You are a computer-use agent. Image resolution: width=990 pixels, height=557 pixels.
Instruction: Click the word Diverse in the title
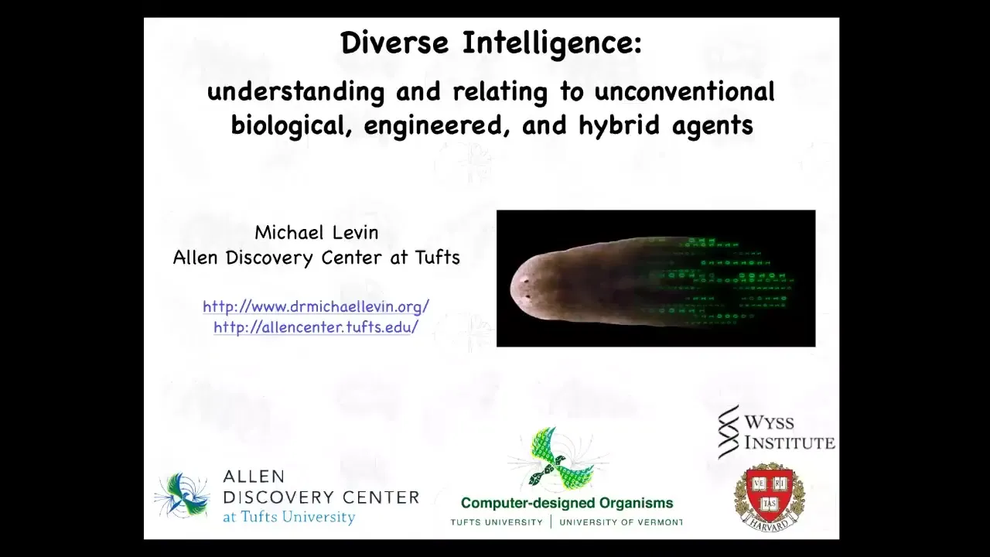pos(394,43)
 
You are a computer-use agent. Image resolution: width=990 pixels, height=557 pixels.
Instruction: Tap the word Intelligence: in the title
pos(552,44)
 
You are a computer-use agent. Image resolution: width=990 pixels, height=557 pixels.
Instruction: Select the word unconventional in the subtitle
pos(684,91)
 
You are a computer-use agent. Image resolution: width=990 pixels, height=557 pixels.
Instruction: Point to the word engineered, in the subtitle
pos(434,125)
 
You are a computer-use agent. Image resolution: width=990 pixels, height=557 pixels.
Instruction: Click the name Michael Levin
pos(316,233)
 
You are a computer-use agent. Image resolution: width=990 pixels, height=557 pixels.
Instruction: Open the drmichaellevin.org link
pos(316,306)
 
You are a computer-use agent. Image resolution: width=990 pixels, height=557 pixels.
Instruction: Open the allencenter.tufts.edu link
pos(316,327)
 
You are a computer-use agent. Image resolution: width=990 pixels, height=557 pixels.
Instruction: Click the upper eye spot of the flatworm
pos(525,280)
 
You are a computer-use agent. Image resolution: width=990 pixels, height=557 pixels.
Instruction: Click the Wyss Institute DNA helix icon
pos(729,432)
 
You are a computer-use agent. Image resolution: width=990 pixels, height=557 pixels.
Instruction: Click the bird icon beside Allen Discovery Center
pos(182,495)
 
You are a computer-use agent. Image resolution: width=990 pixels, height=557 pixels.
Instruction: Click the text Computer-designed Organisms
pos(567,503)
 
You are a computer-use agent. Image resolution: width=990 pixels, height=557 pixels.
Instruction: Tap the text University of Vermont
pos(621,522)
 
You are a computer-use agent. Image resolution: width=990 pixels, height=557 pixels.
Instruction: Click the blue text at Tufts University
pos(289,517)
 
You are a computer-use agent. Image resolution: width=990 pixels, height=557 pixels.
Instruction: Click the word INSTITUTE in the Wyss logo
pos(790,443)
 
